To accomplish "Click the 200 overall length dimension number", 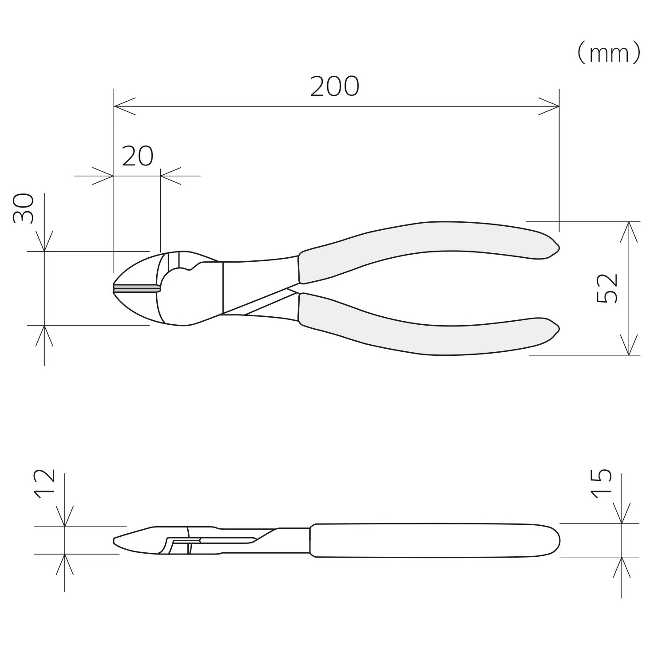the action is pyautogui.click(x=335, y=87).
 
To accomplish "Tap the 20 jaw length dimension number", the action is pyautogui.click(x=138, y=156).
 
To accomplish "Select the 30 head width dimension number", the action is pyautogui.click(x=24, y=208).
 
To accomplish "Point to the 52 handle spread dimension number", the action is pyautogui.click(x=607, y=288).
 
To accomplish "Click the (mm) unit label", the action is pyautogui.click(x=609, y=53).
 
